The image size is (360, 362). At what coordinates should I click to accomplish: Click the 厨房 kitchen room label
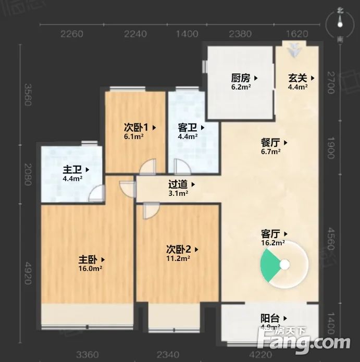click(241, 78)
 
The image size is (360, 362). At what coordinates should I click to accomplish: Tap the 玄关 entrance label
click(297, 78)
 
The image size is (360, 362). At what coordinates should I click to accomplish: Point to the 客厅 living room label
click(270, 234)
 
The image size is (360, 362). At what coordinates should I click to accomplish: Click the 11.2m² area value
click(178, 258)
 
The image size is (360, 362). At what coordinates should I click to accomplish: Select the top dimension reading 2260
click(72, 34)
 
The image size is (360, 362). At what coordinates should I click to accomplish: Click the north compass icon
click(340, 21)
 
